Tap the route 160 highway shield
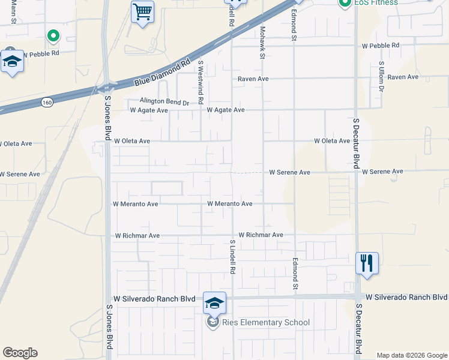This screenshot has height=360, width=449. pyautogui.click(x=47, y=103)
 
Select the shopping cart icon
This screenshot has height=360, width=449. pyautogui.click(x=142, y=12)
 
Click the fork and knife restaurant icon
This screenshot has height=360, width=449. pyautogui.click(x=367, y=263)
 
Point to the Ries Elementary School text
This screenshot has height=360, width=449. pyautogui.click(x=266, y=323)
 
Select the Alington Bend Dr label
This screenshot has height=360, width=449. pyautogui.click(x=164, y=102)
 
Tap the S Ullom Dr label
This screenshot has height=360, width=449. pyautogui.click(x=381, y=77)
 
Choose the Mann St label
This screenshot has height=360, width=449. pyautogui.click(x=13, y=12)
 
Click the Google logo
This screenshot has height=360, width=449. pyautogui.click(x=20, y=353)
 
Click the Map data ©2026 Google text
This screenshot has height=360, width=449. pyautogui.click(x=412, y=355)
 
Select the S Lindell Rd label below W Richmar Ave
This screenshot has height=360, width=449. pyautogui.click(x=232, y=257)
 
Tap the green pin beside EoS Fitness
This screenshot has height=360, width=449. pyautogui.click(x=345, y=4)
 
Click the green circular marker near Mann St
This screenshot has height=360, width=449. pyautogui.click(x=53, y=36)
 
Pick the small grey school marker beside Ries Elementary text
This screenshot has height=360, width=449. pyautogui.click(x=212, y=323)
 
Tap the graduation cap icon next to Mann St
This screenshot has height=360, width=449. pyautogui.click(x=12, y=61)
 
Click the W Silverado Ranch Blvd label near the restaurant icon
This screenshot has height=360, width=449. pyautogui.click(x=406, y=298)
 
